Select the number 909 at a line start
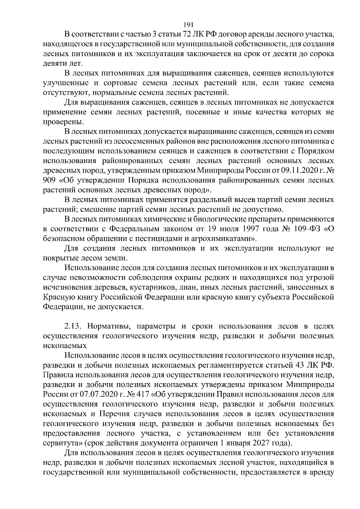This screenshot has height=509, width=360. pyautogui.click(x=50, y=180)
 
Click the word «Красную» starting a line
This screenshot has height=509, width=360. pyautogui.click(x=58, y=297)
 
